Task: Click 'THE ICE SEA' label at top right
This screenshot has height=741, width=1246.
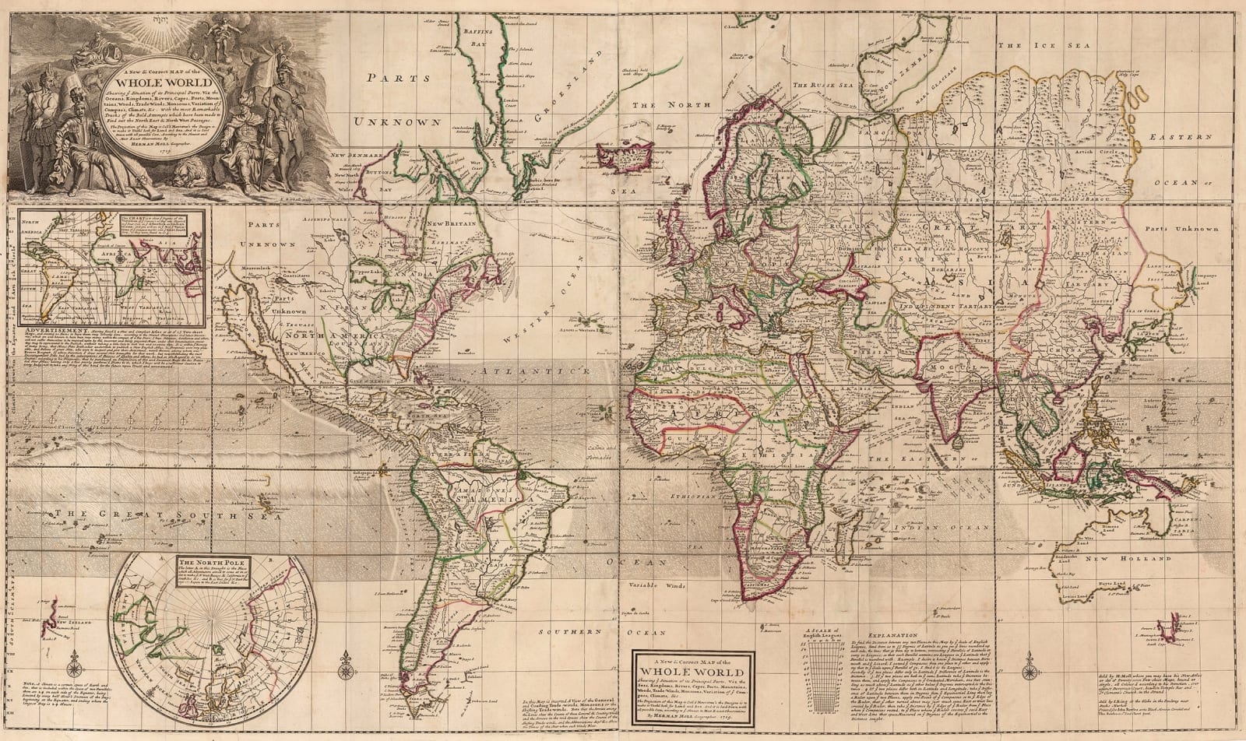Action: point(1032,46)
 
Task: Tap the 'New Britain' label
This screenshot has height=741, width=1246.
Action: point(449,224)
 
